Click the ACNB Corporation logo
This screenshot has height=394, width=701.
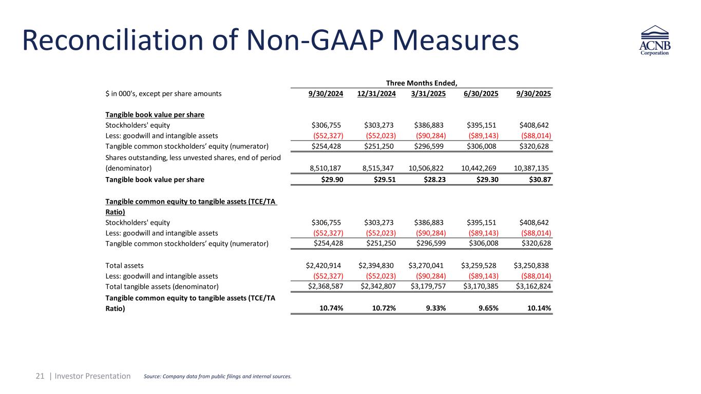pos(655,43)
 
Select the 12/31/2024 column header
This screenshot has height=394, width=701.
pos(377,93)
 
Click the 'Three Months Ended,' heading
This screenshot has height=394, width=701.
pos(421,82)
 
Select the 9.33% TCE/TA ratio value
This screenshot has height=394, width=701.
pos(434,308)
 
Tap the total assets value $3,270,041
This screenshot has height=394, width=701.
pos(429,265)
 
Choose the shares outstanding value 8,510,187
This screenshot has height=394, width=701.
pos(326,167)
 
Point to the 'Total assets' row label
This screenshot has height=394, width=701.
pos(124,265)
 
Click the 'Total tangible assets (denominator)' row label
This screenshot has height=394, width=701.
pos(162,286)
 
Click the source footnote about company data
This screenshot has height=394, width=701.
pos(216,377)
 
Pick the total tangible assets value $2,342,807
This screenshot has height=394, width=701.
pos(377,286)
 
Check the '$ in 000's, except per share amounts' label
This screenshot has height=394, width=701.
pos(163,93)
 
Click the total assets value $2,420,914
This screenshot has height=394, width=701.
pos(325,265)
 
